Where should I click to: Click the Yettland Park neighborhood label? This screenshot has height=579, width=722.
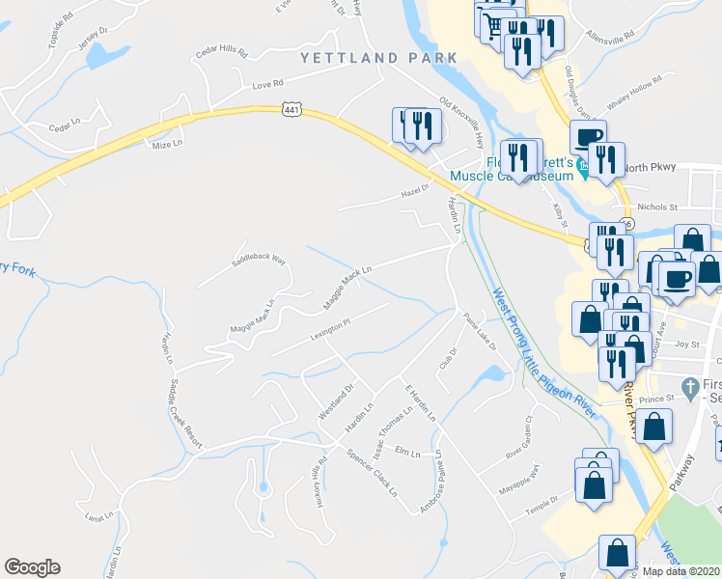[x=378, y=58]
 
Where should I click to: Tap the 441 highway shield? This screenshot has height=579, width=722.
[x=290, y=109]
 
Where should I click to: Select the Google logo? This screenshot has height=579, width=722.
[x=32, y=567]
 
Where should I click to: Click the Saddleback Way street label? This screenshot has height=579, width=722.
[x=258, y=261]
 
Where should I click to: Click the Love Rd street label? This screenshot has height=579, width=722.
[x=267, y=85]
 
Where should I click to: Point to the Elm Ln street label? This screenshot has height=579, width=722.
[x=408, y=451]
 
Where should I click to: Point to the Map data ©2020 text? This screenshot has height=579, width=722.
[x=680, y=570]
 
